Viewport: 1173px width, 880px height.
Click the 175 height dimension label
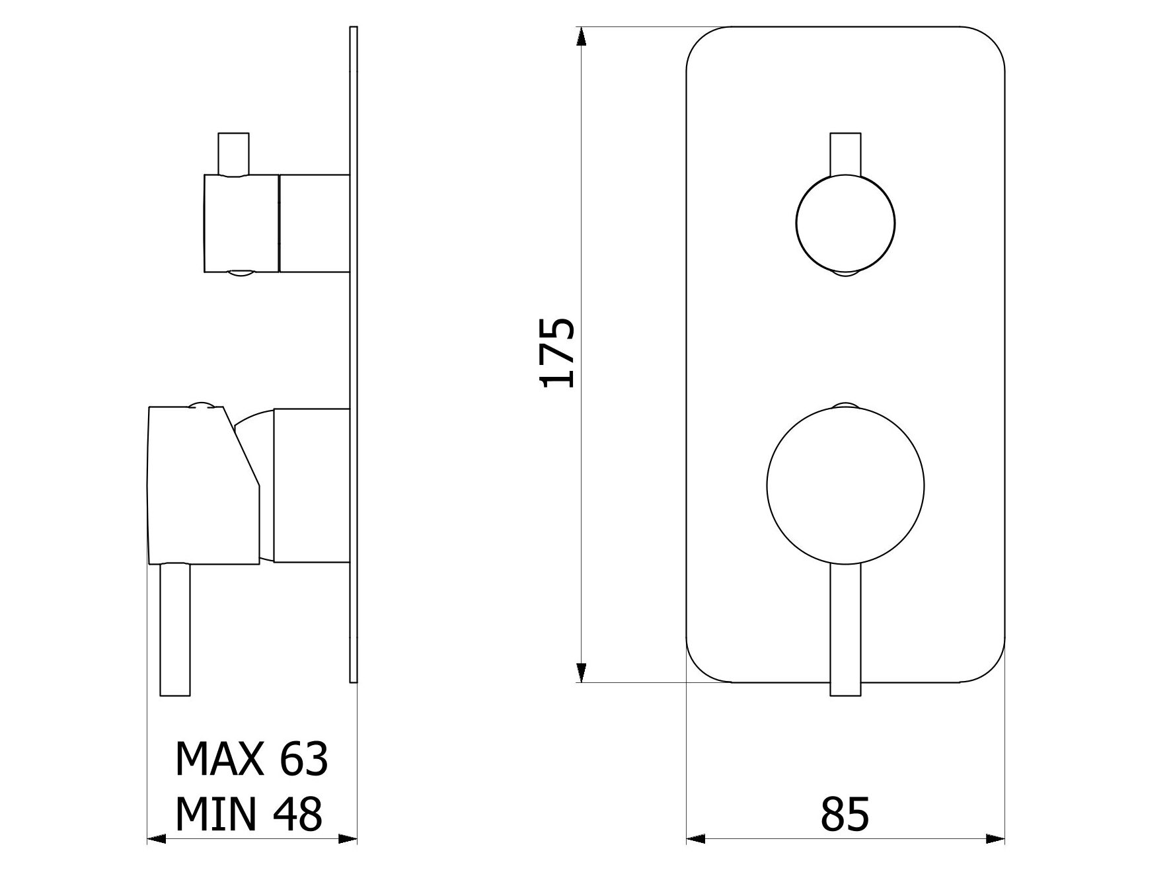[x=558, y=352]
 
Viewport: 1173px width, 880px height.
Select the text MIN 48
[x=248, y=814]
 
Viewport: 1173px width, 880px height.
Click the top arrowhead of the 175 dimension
[x=581, y=36]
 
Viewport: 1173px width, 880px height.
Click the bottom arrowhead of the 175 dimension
[x=581, y=672]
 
